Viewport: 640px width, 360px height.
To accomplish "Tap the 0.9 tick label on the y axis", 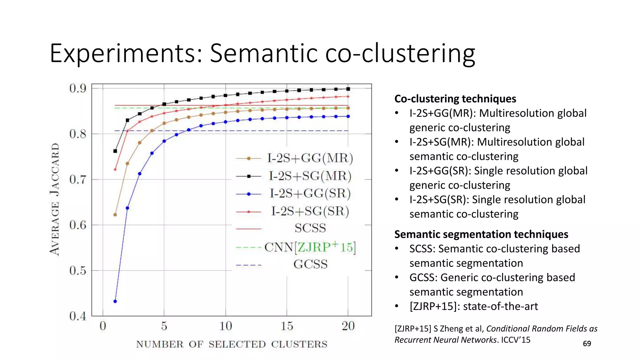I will pyautogui.click(x=78, y=89).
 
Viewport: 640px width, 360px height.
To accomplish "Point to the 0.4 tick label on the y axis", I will pyautogui.click(x=78, y=316).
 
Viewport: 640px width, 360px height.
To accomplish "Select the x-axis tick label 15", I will pyautogui.click(x=287, y=326).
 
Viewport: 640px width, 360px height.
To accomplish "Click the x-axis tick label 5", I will pyautogui.click(x=164, y=326).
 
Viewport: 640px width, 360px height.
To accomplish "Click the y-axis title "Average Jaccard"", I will pyautogui.click(x=55, y=199).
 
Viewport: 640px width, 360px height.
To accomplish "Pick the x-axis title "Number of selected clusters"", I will pyautogui.click(x=232, y=344).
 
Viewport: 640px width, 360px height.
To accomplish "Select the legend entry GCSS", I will pyautogui.click(x=310, y=265).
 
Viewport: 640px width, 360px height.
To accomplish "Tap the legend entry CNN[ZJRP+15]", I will pyautogui.click(x=310, y=247).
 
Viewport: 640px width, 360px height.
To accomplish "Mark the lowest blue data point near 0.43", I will pyautogui.click(x=115, y=302).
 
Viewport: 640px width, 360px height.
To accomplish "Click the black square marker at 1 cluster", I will pyautogui.click(x=115, y=151).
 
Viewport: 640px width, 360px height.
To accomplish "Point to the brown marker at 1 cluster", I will pyautogui.click(x=115, y=215).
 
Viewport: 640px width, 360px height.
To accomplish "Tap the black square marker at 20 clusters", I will pyautogui.click(x=348, y=89).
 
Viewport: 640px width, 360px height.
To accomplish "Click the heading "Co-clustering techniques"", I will pyautogui.click(x=455, y=99).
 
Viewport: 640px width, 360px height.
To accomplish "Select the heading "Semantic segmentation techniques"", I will pyautogui.click(x=481, y=234).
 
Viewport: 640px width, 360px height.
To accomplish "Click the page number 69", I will pyautogui.click(x=587, y=344).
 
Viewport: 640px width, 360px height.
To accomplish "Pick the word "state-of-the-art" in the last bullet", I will pyautogui.click(x=500, y=306).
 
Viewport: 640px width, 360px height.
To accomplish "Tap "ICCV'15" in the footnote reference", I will pyautogui.click(x=516, y=340).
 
